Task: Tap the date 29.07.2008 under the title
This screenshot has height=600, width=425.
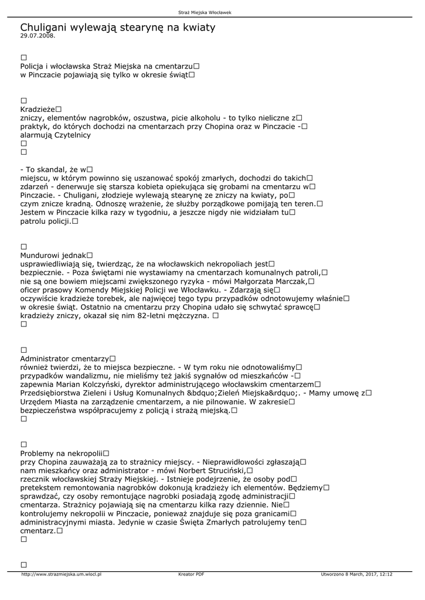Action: (38, 36)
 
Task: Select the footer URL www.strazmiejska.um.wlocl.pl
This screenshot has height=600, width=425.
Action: (62, 574)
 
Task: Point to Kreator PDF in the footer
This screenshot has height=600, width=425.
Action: (191, 574)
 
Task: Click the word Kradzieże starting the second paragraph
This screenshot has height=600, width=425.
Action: (38, 110)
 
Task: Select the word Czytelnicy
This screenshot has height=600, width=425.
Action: (72, 135)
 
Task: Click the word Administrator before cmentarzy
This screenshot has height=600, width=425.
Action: (45, 359)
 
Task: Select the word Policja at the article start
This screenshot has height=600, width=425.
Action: (32, 67)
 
